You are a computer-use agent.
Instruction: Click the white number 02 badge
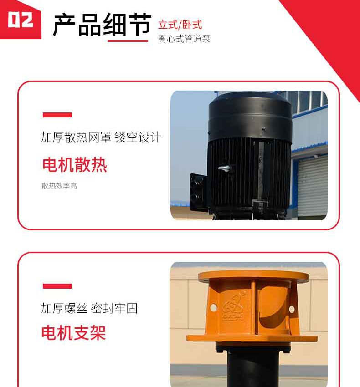pyautogui.click(x=20, y=20)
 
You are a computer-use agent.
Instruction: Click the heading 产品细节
pyautogui.click(x=102, y=25)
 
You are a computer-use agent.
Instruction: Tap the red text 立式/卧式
pyautogui.click(x=180, y=25)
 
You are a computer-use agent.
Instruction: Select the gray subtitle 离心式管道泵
pyautogui.click(x=184, y=39)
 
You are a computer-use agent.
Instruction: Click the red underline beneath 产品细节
pyautogui.click(x=128, y=41)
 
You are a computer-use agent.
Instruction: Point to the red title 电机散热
pyautogui.click(x=75, y=165)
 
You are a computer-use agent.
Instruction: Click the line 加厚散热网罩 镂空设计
pyautogui.click(x=101, y=137)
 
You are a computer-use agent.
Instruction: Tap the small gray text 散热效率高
pyautogui.click(x=59, y=186)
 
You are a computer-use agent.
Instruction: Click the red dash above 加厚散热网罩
pyautogui.click(x=57, y=115)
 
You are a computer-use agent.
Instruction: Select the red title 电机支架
pyautogui.click(x=74, y=333)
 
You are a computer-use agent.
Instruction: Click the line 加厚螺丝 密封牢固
pyautogui.click(x=89, y=308)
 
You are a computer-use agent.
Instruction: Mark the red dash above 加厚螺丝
pyautogui.click(x=57, y=286)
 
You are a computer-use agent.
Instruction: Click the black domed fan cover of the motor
pyautogui.click(x=250, y=116)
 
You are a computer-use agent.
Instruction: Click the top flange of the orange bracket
pyautogui.click(x=253, y=276)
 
